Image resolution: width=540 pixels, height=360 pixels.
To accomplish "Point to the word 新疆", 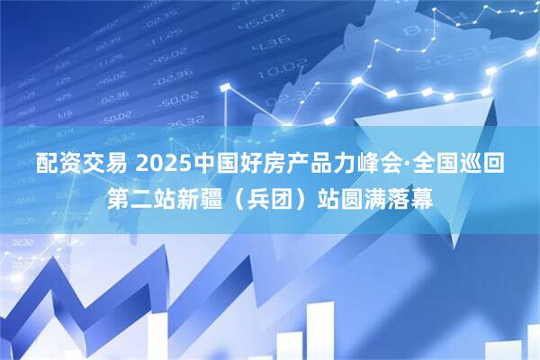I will coord(203,198).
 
